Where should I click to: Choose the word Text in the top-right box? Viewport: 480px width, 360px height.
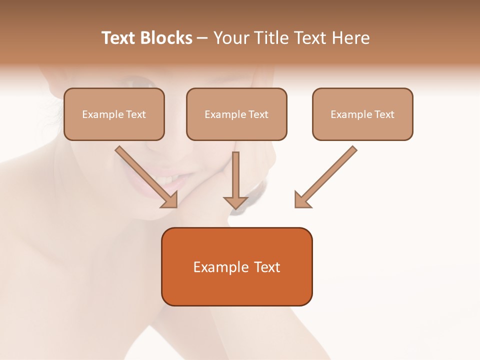384,114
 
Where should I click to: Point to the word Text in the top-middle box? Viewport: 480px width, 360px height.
258,114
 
